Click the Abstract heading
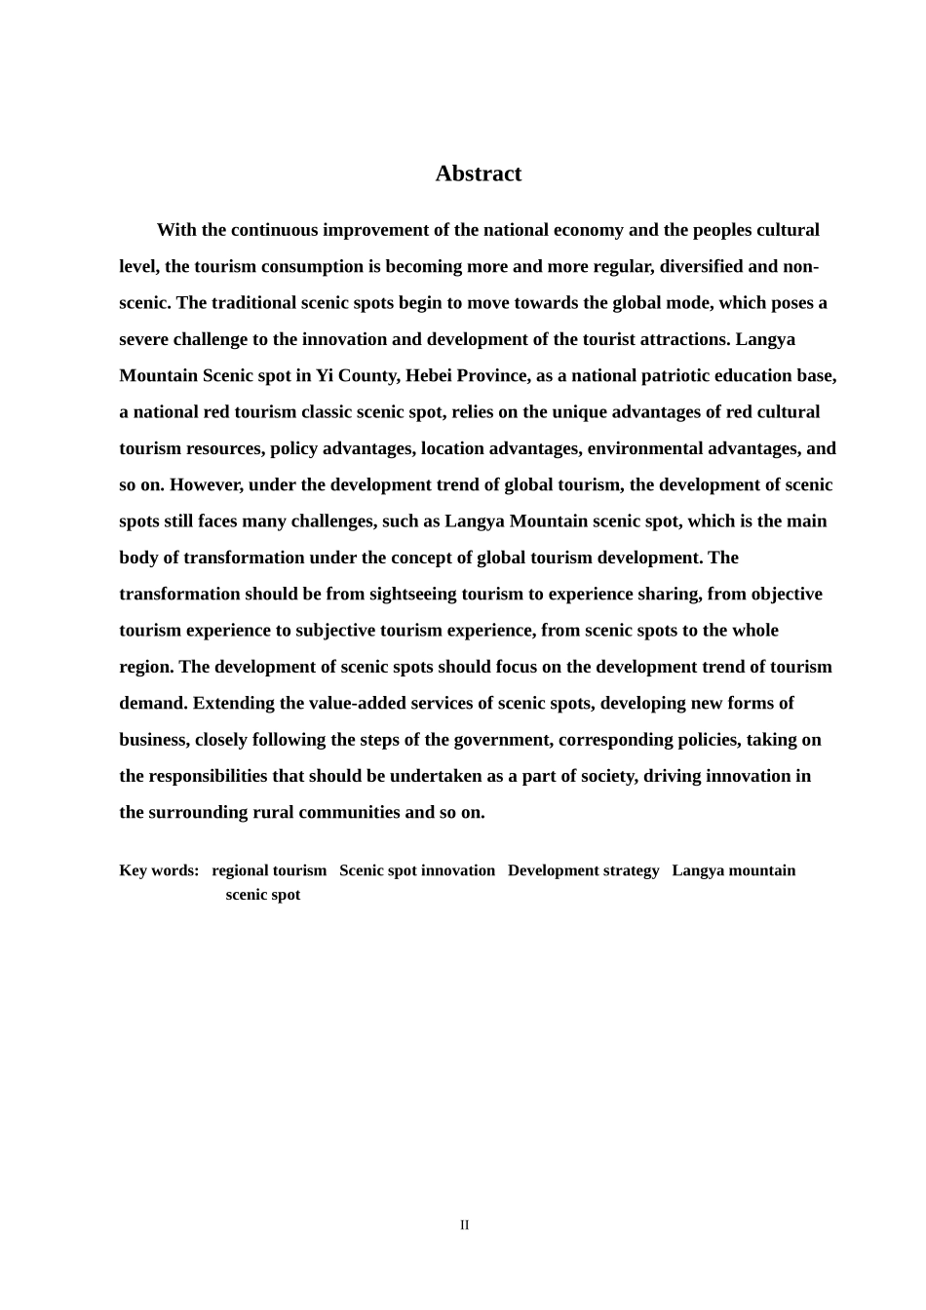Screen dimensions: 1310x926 pos(478,173)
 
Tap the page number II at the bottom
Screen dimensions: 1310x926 pos(465,1225)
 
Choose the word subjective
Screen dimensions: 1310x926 pos(337,631)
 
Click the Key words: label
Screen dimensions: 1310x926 pos(159,870)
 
